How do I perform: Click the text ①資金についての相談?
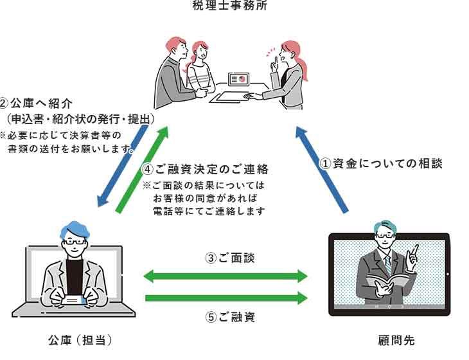click(x=381, y=164)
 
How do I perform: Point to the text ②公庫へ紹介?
click(x=37, y=104)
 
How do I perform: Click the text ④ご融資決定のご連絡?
click(x=204, y=170)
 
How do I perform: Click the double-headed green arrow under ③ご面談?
click(x=226, y=277)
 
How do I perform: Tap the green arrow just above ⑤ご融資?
click(x=226, y=298)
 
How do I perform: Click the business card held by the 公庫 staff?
click(x=75, y=300)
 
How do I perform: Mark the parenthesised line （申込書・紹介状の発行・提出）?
click(x=80, y=120)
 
